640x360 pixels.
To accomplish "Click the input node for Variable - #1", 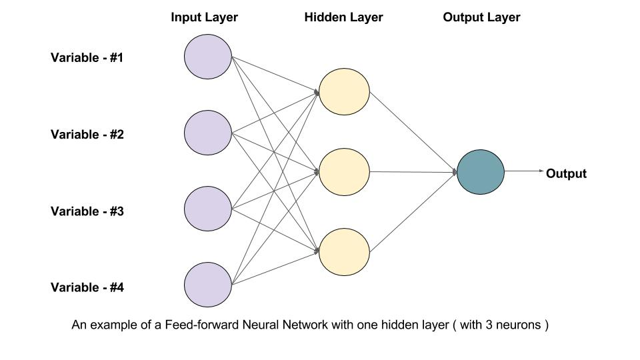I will click(208, 57).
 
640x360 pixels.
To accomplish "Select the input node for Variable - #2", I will click(208, 133).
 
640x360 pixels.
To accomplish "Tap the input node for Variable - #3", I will click(208, 210).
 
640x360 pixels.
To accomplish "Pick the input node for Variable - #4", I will click(208, 286).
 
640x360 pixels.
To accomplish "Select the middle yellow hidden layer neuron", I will click(344, 171).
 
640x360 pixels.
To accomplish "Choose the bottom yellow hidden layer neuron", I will click(344, 252).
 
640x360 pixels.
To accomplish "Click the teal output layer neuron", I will click(481, 171).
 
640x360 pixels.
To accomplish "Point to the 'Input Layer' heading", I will click(204, 17).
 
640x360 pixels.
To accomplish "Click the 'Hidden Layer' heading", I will click(343, 17).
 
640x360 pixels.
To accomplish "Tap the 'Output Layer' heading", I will click(481, 17).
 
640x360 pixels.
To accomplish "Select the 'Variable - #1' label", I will click(87, 57).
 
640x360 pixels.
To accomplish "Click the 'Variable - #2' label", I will click(87, 134).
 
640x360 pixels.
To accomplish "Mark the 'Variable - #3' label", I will click(87, 211).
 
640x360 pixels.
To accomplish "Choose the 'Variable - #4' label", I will click(87, 288).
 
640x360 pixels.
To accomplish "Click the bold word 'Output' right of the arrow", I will click(566, 174).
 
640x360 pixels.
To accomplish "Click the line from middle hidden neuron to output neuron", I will click(413, 172).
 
